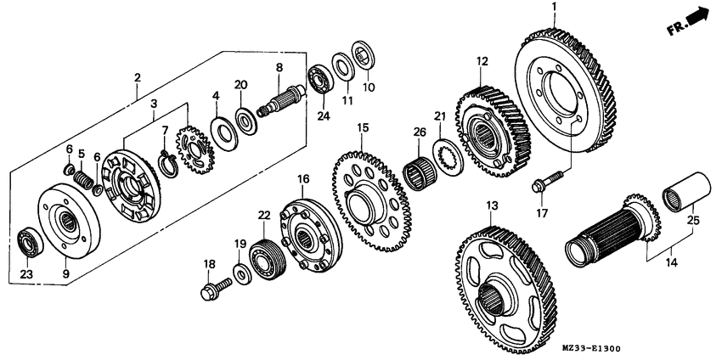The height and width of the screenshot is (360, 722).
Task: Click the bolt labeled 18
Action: click(217, 288)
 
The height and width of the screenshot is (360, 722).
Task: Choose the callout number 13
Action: click(492, 205)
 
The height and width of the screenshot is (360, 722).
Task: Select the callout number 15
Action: click(362, 129)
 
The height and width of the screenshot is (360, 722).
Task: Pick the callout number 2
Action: click(138, 79)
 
